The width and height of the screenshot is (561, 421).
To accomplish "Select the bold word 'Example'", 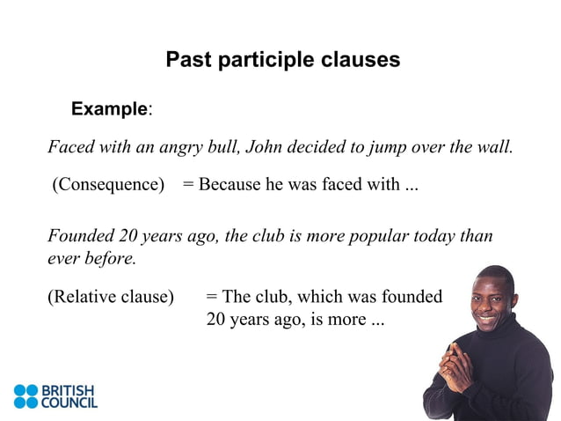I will [x=109, y=109].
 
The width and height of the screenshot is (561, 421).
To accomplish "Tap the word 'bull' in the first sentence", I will [x=222, y=146].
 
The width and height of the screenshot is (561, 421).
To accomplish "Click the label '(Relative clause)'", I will [x=111, y=297].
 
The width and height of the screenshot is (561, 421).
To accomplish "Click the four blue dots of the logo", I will [x=26, y=396].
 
